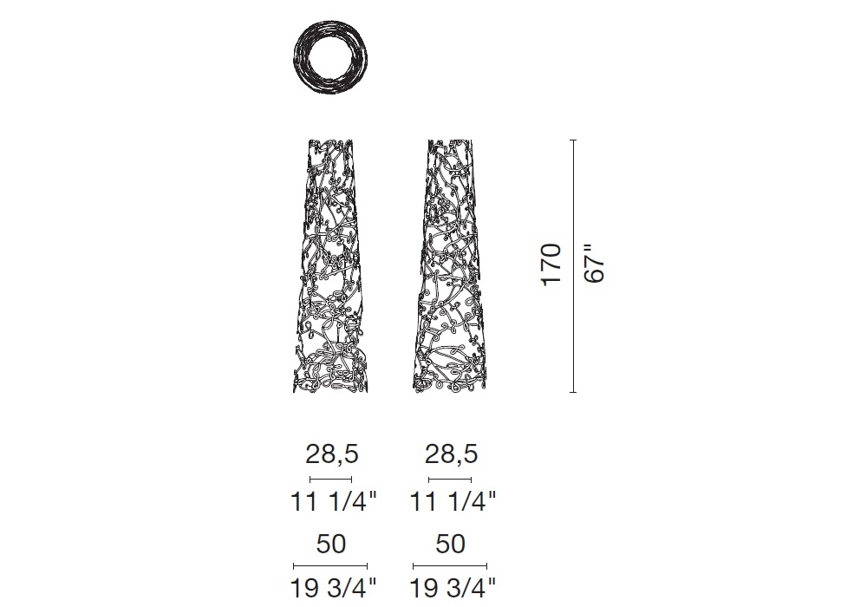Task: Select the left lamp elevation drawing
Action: (330, 266)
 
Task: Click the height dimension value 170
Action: (551, 264)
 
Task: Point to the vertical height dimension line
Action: (573, 266)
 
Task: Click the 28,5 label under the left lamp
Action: (332, 454)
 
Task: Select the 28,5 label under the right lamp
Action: (451, 454)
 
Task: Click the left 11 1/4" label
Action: (333, 501)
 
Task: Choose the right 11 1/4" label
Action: (453, 501)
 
